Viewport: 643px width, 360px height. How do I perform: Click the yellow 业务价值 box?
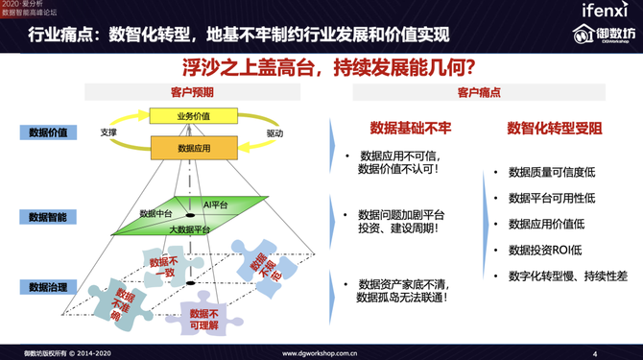[193, 116]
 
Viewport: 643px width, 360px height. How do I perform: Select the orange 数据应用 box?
[193, 149]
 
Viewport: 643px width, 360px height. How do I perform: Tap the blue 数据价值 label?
[47, 132]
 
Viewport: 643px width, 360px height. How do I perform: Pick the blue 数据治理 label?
[47, 286]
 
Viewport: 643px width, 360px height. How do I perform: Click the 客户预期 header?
[191, 92]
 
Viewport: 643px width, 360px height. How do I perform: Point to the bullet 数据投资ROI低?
[543, 250]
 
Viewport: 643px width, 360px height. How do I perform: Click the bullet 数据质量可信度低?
[552, 173]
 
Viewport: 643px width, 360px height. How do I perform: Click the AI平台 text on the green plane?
[215, 205]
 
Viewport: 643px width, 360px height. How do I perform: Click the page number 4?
[595, 353]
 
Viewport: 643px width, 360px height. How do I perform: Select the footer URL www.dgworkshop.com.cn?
[321, 353]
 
